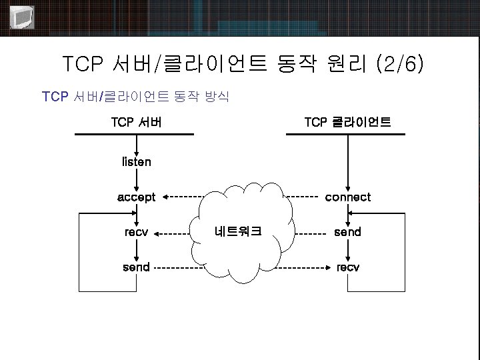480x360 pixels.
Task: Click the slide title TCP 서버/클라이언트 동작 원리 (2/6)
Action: coord(242,65)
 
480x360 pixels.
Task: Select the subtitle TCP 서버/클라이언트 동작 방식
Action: coord(135,97)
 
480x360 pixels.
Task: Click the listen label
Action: coord(137,161)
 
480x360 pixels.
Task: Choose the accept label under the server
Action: coord(136,197)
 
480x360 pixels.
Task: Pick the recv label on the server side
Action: coord(136,233)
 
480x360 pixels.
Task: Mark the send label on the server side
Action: coord(136,267)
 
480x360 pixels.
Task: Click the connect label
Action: coord(347,197)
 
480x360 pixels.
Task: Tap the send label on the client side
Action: coord(347,232)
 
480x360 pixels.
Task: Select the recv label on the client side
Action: coord(347,267)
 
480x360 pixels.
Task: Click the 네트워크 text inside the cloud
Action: coord(238,232)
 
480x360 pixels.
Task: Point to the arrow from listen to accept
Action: coord(136,179)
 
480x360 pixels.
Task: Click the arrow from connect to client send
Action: coord(347,214)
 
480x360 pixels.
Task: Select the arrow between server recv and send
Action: coord(136,250)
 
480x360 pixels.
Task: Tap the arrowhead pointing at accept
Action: coord(166,197)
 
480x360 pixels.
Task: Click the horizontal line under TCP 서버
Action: coord(134,135)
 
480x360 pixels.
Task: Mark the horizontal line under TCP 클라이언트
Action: coord(345,135)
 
